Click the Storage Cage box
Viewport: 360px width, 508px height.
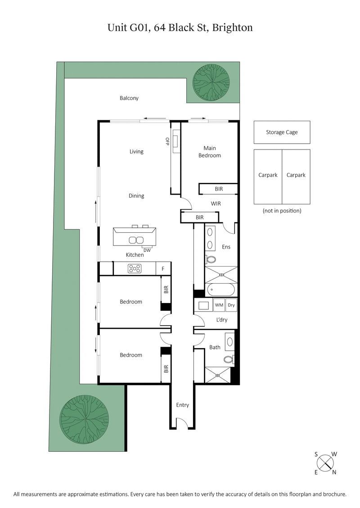[282, 132]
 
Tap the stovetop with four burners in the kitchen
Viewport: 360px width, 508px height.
[135, 269]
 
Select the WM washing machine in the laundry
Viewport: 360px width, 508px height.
[219, 305]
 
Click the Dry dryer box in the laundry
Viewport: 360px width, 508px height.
[231, 305]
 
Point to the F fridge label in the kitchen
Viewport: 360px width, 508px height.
[163, 269]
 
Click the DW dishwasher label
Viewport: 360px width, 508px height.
[147, 250]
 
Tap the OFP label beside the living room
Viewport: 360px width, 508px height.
[167, 142]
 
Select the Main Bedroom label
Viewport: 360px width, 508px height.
[210, 152]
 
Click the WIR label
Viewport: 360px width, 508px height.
[216, 204]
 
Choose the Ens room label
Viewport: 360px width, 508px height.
[226, 247]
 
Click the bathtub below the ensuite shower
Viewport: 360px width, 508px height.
[220, 290]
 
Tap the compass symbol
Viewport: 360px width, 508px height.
[325, 463]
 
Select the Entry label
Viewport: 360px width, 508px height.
[182, 405]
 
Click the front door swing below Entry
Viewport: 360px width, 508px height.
[182, 423]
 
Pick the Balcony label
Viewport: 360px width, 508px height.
[129, 98]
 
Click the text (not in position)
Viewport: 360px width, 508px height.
[282, 211]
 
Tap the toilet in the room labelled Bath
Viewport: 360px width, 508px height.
[229, 359]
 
